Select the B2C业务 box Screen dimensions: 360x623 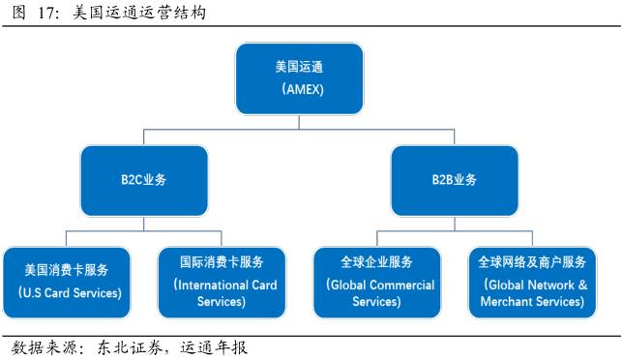click(144, 180)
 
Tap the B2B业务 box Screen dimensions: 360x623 click(454, 180)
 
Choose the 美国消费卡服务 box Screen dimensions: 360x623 click(66, 281)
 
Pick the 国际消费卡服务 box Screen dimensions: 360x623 click(222, 281)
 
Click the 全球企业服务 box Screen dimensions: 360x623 click(376, 281)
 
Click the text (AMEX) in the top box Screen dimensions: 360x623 click(299, 89)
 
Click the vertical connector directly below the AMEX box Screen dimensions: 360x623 click(299, 122)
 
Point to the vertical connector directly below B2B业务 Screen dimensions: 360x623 click(454, 224)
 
